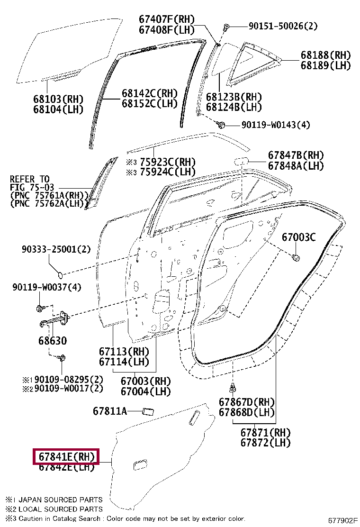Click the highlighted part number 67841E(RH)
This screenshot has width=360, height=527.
[x=65, y=457]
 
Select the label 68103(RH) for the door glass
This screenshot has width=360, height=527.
[x=58, y=100]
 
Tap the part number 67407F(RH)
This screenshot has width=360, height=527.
[x=167, y=19]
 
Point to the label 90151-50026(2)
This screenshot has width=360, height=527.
[x=282, y=27]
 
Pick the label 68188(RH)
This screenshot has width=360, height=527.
[x=325, y=55]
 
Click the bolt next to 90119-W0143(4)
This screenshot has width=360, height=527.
[x=220, y=125]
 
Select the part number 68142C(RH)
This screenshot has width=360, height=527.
[x=149, y=93]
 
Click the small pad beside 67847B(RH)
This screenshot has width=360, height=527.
[x=240, y=161]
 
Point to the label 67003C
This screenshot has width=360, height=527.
[x=298, y=237]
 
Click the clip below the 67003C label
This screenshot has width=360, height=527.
[x=296, y=258]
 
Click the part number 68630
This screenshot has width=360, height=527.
[x=53, y=341]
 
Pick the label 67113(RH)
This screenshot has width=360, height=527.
[x=124, y=352]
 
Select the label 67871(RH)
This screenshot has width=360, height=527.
[x=265, y=432]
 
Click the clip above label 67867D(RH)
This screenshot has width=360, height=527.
[x=233, y=388]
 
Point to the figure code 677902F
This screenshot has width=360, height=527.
[x=343, y=520]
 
